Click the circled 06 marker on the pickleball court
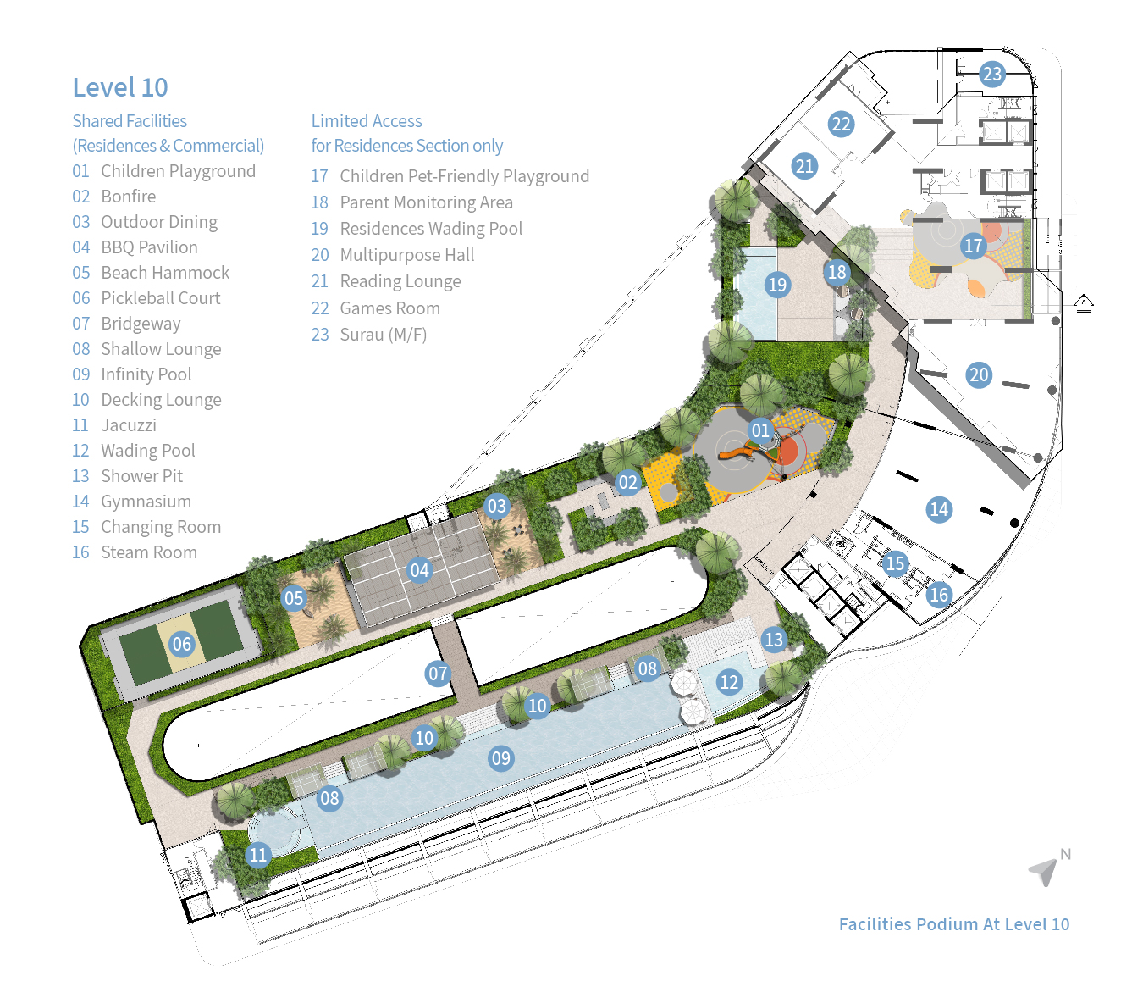[x=181, y=644]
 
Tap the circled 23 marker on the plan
[x=991, y=74]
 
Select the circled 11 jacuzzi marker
[x=258, y=854]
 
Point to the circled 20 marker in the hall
[x=979, y=374]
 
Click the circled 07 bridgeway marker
[x=438, y=674]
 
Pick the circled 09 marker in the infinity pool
[x=501, y=758]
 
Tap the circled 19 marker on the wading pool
[x=777, y=285]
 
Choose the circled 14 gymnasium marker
[x=939, y=509]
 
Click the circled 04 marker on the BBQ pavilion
[x=420, y=570]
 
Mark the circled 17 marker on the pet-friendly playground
[x=973, y=246]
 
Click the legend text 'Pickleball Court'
[x=160, y=298]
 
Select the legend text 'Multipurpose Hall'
[x=406, y=255]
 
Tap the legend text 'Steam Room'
[x=149, y=552]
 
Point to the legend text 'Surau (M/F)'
[x=384, y=334]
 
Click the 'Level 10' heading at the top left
[x=120, y=87]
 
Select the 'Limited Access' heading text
[x=367, y=120]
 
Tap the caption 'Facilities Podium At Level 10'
[x=954, y=924]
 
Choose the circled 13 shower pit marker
[x=774, y=639]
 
